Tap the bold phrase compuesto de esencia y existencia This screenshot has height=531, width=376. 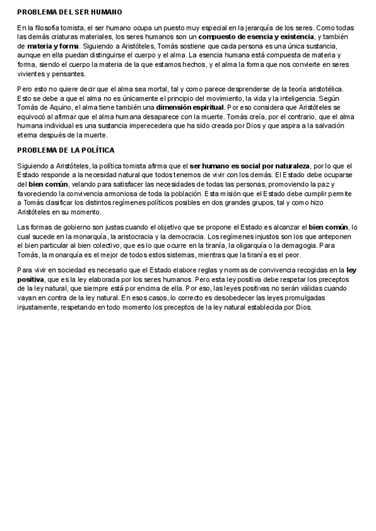click(x=256, y=38)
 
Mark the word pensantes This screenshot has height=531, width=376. click(x=67, y=73)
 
